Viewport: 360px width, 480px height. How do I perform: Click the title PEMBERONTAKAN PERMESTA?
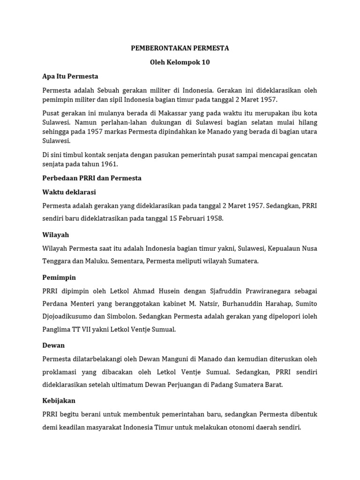click(180, 48)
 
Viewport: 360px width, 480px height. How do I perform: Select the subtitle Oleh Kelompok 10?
click(180, 62)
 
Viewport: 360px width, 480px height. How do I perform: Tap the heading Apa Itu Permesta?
click(70, 76)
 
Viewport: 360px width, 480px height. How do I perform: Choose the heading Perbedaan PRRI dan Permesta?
click(91, 178)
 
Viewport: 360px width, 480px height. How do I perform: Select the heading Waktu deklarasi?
click(69, 192)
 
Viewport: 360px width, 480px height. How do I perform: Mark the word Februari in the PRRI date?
click(192, 218)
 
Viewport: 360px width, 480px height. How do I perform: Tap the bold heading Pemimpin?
click(59, 277)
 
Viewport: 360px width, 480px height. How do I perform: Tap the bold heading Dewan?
click(53, 345)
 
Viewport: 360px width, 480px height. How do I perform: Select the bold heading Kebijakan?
click(59, 401)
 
